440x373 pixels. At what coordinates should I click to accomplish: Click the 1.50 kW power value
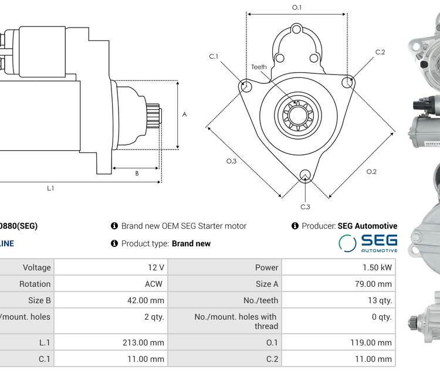(x=378, y=267)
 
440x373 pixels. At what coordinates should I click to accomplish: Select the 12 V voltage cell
(x=156, y=267)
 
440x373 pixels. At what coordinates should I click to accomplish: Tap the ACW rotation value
(x=154, y=284)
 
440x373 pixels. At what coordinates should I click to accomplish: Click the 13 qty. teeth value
(x=379, y=300)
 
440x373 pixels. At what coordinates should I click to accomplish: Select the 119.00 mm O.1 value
(x=373, y=343)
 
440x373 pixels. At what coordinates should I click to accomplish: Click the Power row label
(x=267, y=267)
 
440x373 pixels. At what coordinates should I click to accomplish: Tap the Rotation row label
(x=36, y=284)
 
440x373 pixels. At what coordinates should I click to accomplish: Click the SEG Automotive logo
(x=368, y=243)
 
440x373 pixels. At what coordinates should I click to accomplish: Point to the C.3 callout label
(x=305, y=206)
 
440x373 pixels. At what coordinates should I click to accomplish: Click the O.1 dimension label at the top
(x=297, y=8)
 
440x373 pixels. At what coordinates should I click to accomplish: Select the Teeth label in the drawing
(x=259, y=67)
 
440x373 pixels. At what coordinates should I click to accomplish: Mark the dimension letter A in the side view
(x=185, y=114)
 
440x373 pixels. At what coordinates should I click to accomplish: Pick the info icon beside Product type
(x=114, y=243)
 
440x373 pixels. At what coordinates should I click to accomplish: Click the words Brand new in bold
(x=191, y=243)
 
